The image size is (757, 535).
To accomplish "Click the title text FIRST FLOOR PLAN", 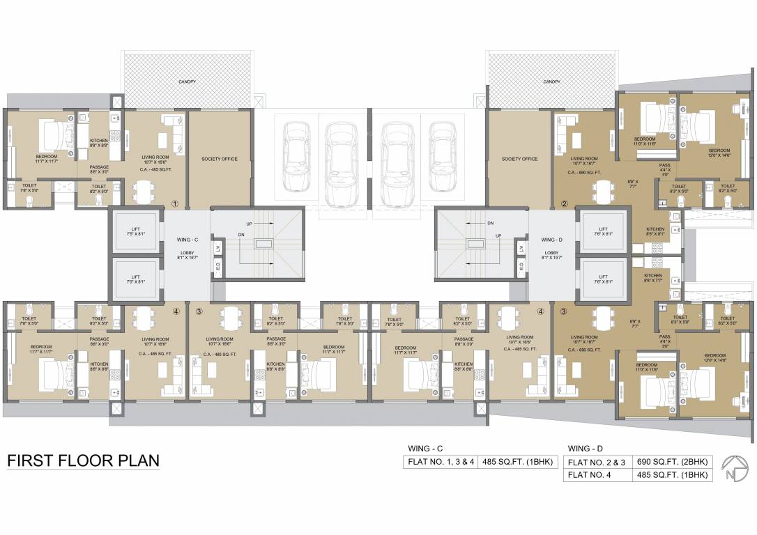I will [x=83, y=460].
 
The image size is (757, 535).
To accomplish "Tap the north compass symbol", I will [x=733, y=467].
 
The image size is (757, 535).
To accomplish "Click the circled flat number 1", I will [x=176, y=204].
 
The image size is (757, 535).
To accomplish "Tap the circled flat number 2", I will [x=565, y=204].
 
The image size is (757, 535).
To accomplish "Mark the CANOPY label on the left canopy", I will [x=187, y=82].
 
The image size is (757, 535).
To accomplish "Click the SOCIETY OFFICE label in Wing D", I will [x=519, y=159].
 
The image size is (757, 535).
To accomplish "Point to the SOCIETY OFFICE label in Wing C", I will [x=220, y=159].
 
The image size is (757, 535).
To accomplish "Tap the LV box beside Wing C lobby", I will [x=218, y=248].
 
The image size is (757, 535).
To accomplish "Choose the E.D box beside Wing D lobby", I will [x=520, y=265].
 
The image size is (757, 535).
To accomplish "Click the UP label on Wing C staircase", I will [x=250, y=224].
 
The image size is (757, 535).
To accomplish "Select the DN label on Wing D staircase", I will [x=491, y=224].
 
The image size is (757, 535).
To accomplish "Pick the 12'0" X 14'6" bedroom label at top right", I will [x=719, y=153].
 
